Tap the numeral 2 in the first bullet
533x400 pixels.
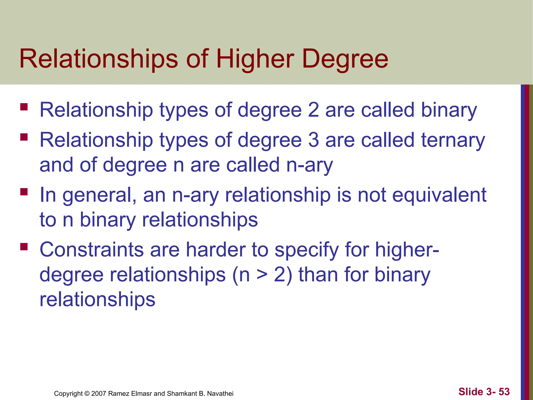[x=313, y=110]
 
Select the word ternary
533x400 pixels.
[x=453, y=140]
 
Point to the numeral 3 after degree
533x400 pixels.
[x=313, y=140]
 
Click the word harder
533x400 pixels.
[x=216, y=249]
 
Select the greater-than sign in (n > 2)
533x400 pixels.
[x=262, y=275]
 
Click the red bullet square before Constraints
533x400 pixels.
[x=24, y=246]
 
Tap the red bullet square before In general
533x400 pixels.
[x=24, y=192]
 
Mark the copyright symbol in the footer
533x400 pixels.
[x=87, y=393]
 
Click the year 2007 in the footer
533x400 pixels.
[x=99, y=393]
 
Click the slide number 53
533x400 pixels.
[x=504, y=392]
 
